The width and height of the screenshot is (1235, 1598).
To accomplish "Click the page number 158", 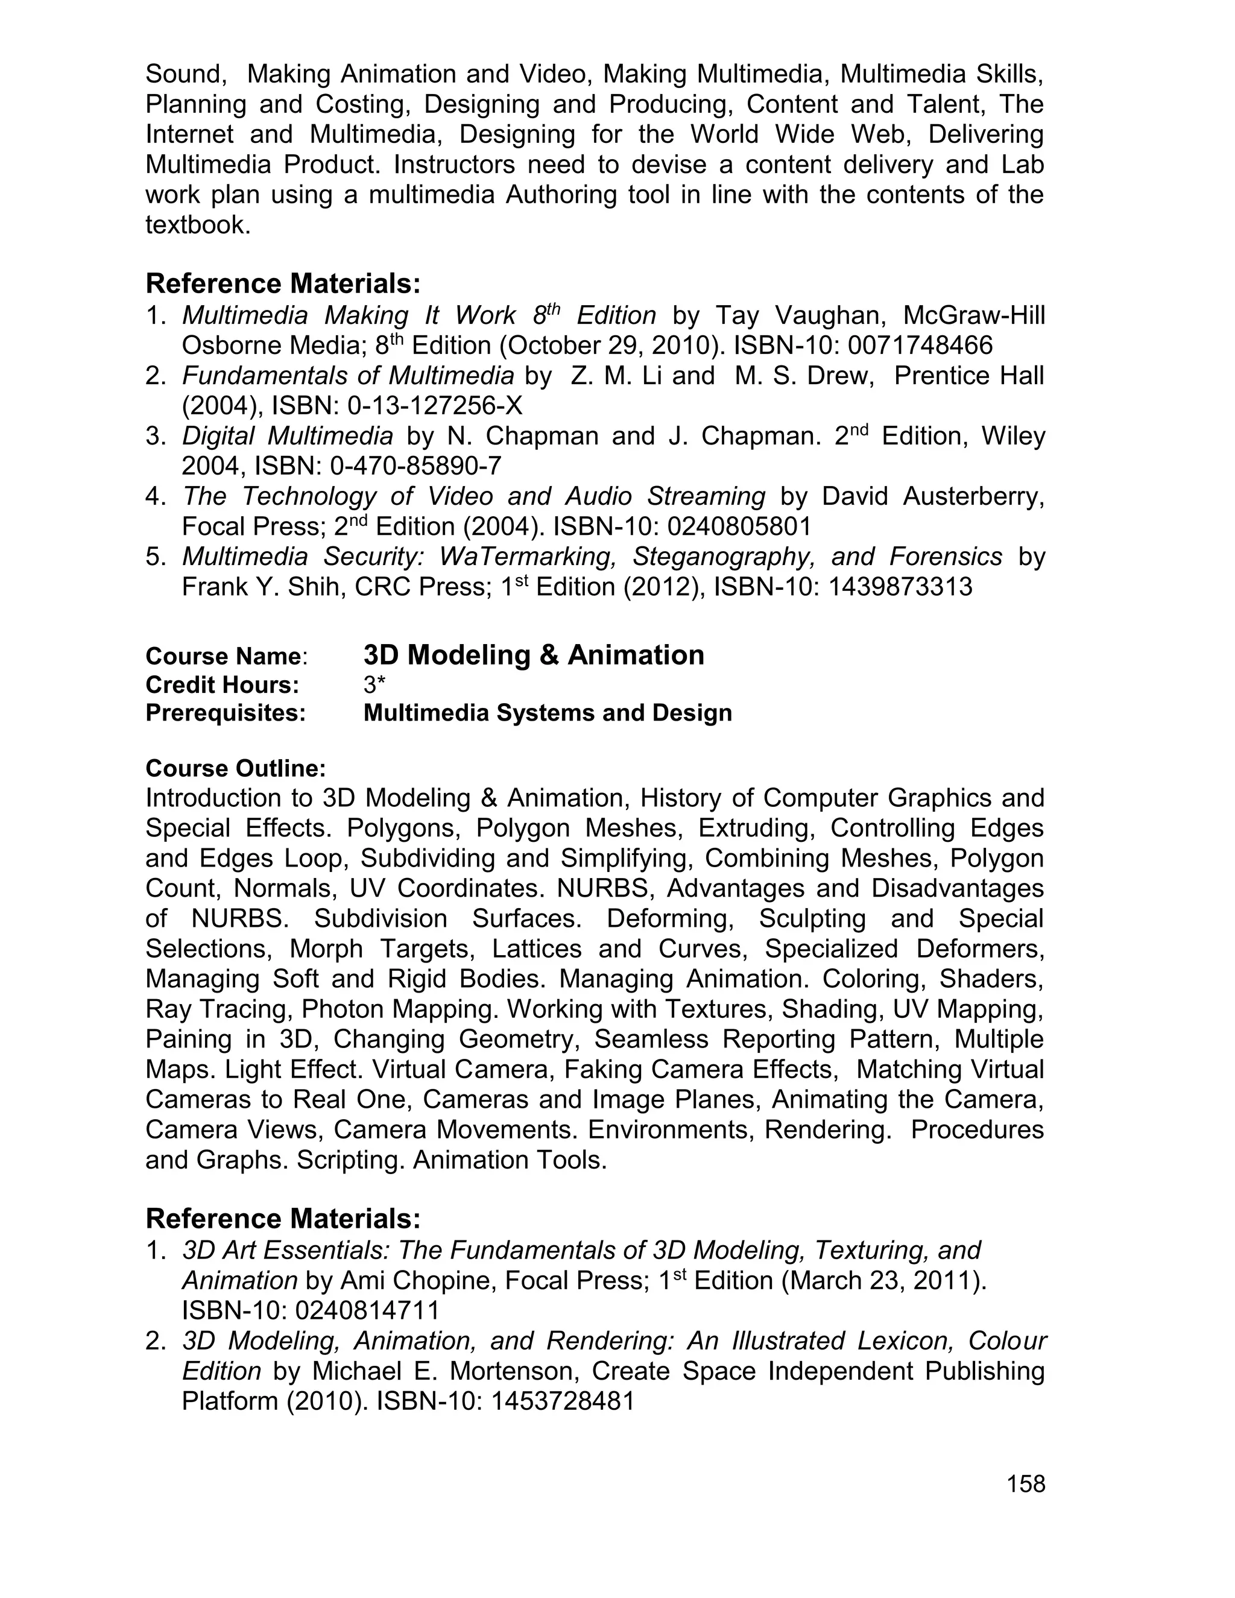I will coord(1026,1484).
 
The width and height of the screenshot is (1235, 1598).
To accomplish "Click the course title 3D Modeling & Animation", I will coord(533,655).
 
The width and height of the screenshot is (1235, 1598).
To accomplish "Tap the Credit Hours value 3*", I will coord(374,685).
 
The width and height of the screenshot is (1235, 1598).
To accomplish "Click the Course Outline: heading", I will coord(236,768).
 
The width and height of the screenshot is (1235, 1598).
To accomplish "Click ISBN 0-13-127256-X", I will coord(435,405).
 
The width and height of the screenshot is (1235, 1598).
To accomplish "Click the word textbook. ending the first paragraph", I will coord(198,225).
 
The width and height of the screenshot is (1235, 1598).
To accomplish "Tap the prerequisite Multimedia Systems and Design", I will coord(548,713).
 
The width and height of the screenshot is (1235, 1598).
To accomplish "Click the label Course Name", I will coord(223,656).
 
